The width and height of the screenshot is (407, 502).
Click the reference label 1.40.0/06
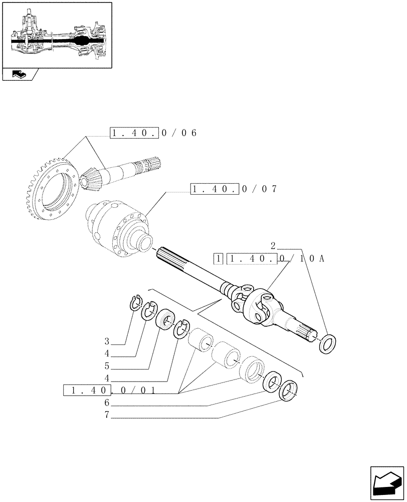[153, 133]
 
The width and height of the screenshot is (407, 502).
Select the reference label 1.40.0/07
[233, 189]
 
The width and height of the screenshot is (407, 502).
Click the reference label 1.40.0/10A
[275, 259]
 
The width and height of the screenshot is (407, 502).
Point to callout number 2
[273, 246]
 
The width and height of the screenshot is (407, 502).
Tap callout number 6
[107, 403]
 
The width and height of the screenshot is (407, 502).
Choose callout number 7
[107, 416]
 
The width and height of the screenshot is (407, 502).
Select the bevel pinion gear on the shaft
[93, 176]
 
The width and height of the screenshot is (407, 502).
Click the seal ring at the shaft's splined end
[329, 344]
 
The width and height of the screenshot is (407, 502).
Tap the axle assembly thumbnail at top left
[56, 35]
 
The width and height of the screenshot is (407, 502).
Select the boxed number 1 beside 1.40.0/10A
[218, 259]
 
